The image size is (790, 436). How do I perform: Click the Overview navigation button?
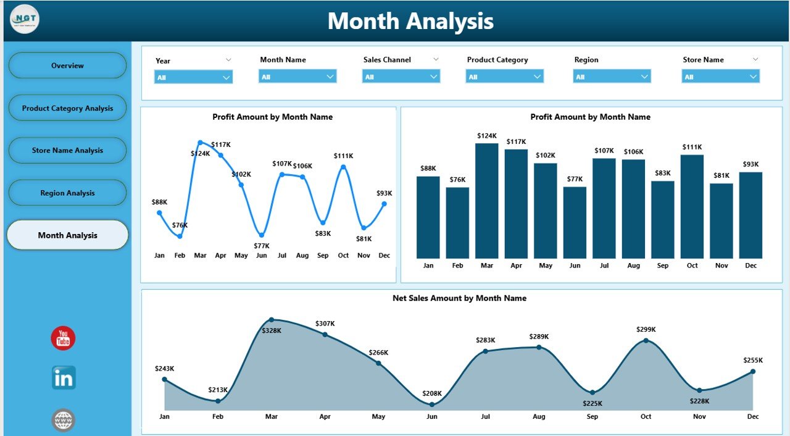pos(67,65)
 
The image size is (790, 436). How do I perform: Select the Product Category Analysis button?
pos(67,108)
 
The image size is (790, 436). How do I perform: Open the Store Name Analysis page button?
pos(67,151)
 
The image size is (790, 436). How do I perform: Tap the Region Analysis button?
pos(67,193)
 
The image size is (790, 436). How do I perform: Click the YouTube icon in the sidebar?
pos(63,338)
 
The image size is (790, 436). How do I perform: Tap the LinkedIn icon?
pos(64,378)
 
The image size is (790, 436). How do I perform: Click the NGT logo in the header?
pos(25,19)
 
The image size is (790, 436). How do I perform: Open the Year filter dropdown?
pos(193,77)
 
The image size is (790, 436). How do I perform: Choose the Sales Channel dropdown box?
pos(401,77)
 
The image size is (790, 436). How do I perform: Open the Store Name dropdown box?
pos(720,77)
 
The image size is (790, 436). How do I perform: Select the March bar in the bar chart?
pos(487,201)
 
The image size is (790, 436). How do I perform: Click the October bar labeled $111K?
pos(692,206)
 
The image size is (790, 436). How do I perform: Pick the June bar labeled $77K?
pos(575,222)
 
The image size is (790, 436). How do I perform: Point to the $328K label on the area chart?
pos(272,330)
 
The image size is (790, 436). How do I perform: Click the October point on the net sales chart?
pos(646,340)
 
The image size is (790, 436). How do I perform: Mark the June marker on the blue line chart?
pos(262,235)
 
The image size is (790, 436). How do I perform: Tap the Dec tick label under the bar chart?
pos(750,266)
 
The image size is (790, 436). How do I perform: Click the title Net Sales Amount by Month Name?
pos(459,298)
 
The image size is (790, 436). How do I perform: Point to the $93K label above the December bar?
pos(750,164)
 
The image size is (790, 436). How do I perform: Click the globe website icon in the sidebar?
pos(64,420)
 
